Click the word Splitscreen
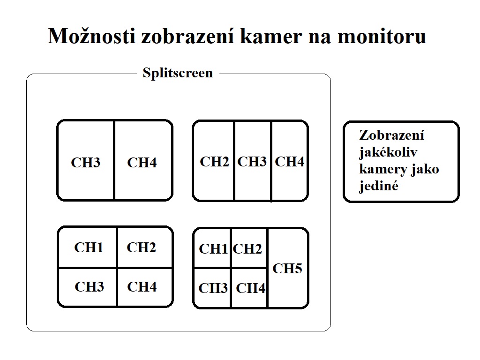click(178, 73)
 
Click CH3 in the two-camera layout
click(86, 163)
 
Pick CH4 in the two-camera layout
click(142, 163)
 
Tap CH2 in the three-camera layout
click(214, 162)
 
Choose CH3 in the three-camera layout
click(252, 162)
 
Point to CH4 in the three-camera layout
click(289, 162)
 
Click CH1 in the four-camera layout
click(89, 247)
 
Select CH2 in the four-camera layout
click(141, 247)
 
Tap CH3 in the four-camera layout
click(89, 286)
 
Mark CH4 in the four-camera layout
click(142, 286)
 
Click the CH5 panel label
click(287, 269)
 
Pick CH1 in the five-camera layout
click(213, 249)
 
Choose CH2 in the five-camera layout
click(247, 249)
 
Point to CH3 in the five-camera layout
click(213, 288)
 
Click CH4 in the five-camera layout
click(251, 288)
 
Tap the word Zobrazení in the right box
click(392, 135)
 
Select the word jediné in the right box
click(379, 186)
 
